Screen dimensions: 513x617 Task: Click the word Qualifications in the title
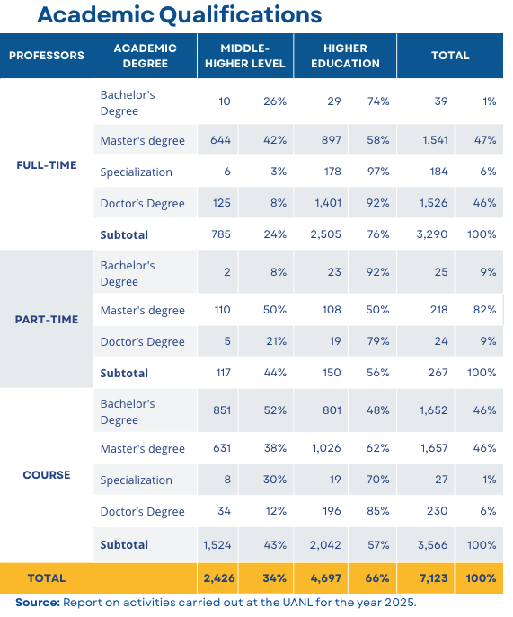point(240,16)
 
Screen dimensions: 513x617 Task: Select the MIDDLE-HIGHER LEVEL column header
point(245,56)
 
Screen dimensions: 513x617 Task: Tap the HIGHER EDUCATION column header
point(345,56)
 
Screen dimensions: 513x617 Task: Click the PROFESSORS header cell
point(47,56)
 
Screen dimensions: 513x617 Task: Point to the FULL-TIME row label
point(47,165)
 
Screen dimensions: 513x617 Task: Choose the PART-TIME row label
point(47,319)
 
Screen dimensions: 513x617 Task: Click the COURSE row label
point(47,474)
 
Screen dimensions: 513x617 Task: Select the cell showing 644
point(220,140)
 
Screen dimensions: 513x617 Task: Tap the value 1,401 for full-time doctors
point(328,203)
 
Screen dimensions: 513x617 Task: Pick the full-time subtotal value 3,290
point(432,234)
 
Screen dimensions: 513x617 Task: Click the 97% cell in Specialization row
point(378,172)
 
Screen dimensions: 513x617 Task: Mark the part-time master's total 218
point(438,310)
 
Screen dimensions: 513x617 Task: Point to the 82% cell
point(484,310)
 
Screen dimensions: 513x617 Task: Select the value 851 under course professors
point(222,410)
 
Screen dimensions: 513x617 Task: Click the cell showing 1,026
point(326,448)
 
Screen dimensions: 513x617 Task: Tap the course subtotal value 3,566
point(432,544)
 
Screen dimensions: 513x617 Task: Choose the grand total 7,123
point(433,578)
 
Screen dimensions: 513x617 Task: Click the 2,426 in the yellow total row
point(219,578)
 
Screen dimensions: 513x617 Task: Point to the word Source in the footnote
point(38,603)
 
